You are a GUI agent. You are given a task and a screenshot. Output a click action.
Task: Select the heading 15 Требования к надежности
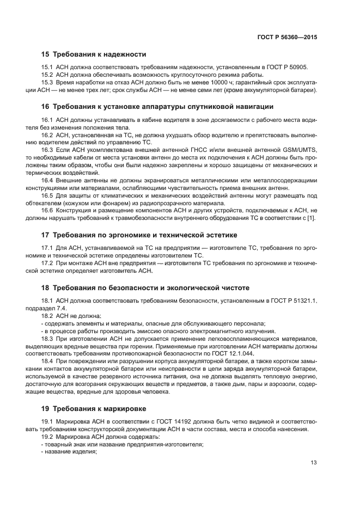click(x=94, y=54)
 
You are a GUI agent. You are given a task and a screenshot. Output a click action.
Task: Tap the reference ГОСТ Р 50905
click(x=286, y=68)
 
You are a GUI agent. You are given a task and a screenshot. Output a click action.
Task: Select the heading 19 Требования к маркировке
click(x=95, y=408)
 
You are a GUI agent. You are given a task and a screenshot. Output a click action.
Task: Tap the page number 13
click(x=314, y=463)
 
